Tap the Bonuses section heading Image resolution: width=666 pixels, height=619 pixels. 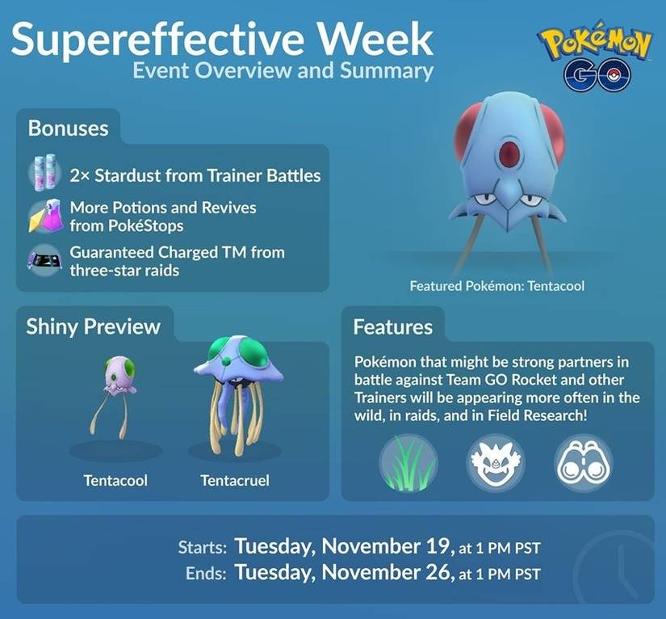point(68,128)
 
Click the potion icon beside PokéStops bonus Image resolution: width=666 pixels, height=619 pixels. point(44,216)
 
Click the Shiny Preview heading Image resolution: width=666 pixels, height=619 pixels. point(94,326)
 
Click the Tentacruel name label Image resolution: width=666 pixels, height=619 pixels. point(235,481)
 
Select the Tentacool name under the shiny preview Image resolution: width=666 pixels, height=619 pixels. point(115,481)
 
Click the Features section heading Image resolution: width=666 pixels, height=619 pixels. point(392,327)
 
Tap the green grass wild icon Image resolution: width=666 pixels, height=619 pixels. point(408,463)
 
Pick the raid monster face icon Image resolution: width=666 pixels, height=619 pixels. point(490,463)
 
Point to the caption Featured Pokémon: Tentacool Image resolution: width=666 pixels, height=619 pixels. point(496,286)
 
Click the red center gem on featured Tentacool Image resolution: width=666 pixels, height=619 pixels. point(510,151)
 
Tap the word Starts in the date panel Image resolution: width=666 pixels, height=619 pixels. point(202,547)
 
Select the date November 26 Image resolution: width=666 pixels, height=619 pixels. point(387,574)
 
